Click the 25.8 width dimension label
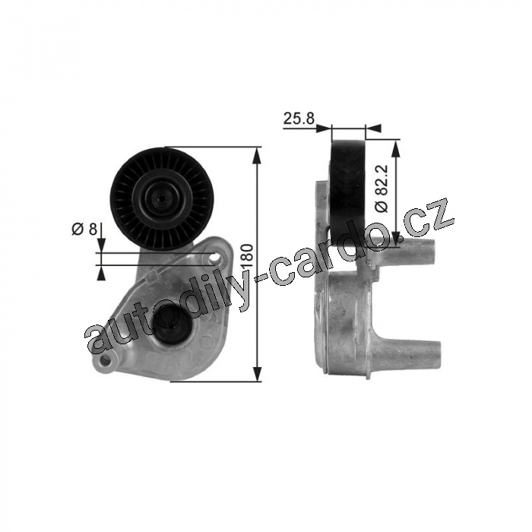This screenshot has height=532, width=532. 299,119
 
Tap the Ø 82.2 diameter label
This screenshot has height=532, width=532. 382,188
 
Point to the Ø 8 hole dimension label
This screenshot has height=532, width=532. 84,229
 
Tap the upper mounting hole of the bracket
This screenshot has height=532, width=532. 214,259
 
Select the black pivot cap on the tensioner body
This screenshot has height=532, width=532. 172,328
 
